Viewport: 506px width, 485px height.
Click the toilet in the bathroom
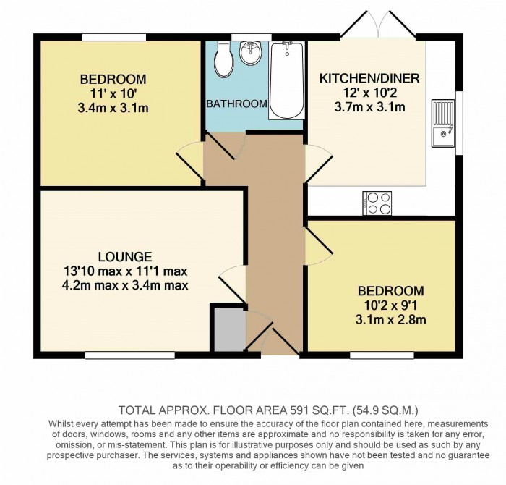[223, 59]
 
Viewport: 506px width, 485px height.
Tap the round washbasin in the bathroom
[250, 52]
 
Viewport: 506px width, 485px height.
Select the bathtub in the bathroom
[286, 80]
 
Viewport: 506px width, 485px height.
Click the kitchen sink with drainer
[443, 124]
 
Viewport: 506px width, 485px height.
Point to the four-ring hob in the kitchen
[377, 203]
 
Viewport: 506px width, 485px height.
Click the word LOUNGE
[125, 257]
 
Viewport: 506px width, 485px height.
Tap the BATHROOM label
[236, 104]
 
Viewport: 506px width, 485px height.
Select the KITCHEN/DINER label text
[369, 78]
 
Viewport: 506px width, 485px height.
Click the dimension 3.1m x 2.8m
[390, 320]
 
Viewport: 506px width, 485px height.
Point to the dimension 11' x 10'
[113, 94]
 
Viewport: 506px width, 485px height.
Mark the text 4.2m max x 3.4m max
[125, 285]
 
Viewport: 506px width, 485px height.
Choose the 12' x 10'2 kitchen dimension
[369, 93]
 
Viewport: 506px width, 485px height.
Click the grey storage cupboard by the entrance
[229, 329]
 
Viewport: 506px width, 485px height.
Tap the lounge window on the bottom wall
[130, 355]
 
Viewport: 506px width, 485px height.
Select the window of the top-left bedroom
[114, 37]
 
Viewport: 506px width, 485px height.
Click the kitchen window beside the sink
[459, 123]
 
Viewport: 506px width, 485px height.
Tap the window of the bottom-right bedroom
[382, 355]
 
